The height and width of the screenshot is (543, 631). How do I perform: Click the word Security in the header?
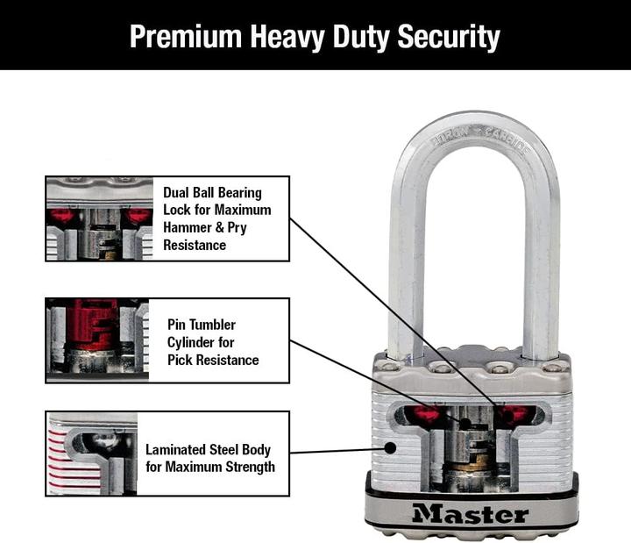(x=449, y=37)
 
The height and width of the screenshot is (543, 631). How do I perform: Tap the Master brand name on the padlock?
(x=470, y=513)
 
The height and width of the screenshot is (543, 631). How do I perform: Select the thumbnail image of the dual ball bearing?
(x=98, y=218)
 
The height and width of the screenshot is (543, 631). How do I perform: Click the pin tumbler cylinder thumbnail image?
(x=98, y=339)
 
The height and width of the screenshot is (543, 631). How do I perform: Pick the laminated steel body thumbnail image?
(x=93, y=454)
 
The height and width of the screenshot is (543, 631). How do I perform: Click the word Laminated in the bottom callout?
(x=182, y=448)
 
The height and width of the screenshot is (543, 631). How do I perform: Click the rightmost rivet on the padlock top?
(x=553, y=366)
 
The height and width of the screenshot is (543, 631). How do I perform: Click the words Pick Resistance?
(x=213, y=360)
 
